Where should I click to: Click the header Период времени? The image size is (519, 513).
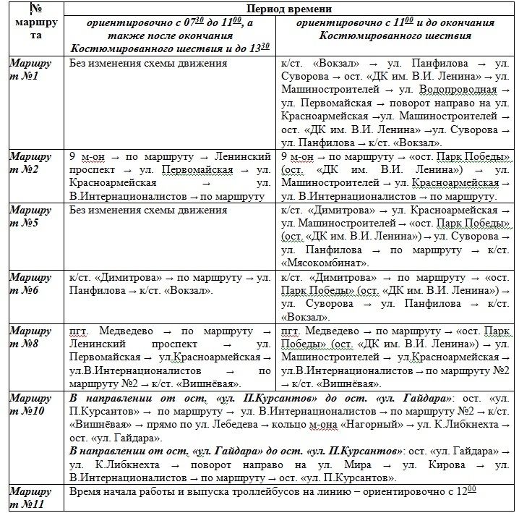click(x=289, y=9)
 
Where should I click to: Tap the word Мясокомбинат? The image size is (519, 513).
click(x=326, y=263)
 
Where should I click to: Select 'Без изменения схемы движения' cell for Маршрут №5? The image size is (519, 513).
click(x=147, y=211)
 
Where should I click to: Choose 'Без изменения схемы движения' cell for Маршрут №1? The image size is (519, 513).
click(x=147, y=63)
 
